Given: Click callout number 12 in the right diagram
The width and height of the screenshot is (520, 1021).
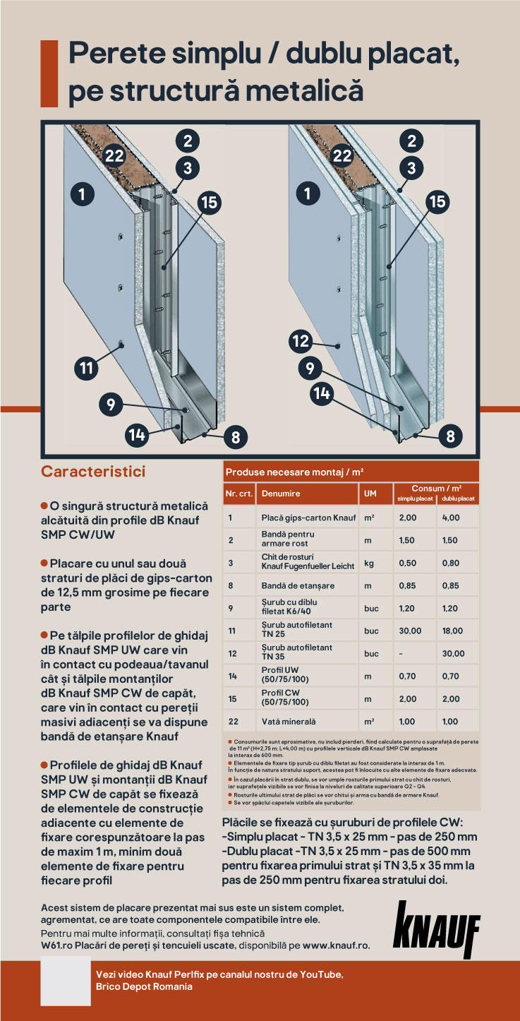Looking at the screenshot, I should [301, 342].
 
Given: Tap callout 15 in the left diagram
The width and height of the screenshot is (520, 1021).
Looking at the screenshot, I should [210, 203].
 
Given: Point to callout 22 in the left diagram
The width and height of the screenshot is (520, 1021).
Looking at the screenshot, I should [115, 156].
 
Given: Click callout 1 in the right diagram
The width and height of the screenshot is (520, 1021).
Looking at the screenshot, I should [307, 193].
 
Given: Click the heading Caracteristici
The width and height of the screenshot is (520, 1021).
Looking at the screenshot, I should [93, 470].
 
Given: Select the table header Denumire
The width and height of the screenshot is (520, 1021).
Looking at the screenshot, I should [281, 494].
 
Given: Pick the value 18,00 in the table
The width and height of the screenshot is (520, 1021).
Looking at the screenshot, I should [453, 631].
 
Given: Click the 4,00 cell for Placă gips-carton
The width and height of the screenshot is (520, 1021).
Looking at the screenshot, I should [450, 518].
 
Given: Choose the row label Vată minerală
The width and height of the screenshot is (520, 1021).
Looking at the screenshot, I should [290, 721].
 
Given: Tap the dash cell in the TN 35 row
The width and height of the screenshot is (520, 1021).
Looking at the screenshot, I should [401, 653].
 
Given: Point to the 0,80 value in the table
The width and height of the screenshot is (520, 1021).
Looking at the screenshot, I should [450, 563].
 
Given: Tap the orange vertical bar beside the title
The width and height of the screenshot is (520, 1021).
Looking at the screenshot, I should [49, 73].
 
